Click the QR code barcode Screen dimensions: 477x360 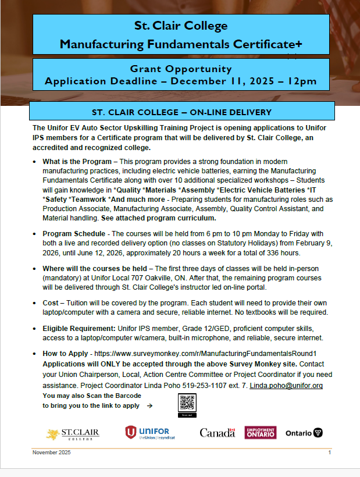click(x=187, y=403)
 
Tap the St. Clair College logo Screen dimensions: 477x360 click(x=73, y=433)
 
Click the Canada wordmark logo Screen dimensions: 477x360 click(x=216, y=433)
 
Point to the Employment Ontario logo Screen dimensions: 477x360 click(x=261, y=432)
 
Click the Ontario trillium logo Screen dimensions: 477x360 click(x=304, y=433)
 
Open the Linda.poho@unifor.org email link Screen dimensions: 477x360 click(x=286, y=386)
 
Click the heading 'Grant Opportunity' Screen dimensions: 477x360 click(x=181, y=68)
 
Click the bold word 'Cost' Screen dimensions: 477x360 click(x=51, y=303)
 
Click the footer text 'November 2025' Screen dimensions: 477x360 click(x=51, y=453)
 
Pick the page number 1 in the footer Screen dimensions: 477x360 click(x=330, y=453)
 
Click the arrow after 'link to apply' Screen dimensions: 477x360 click(x=150, y=406)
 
